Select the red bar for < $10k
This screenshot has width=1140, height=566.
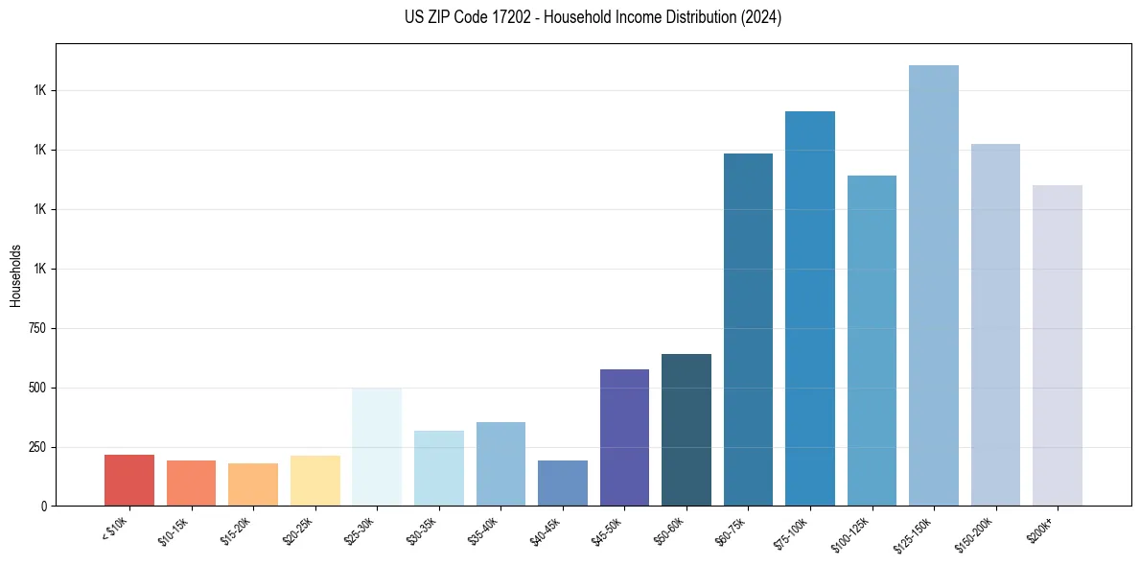click(x=129, y=480)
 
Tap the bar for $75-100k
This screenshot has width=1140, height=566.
click(x=810, y=308)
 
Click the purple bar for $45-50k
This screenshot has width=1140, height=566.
click(x=624, y=437)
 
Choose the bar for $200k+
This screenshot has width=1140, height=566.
click(x=1057, y=345)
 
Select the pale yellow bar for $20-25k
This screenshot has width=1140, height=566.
click(x=315, y=481)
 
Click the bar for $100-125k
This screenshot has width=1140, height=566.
click(x=872, y=341)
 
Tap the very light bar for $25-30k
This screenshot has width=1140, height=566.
click(x=377, y=446)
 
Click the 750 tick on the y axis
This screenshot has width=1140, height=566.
click(x=39, y=328)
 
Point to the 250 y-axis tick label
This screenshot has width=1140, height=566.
click(x=39, y=447)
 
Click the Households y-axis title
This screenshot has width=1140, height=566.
click(x=15, y=275)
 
